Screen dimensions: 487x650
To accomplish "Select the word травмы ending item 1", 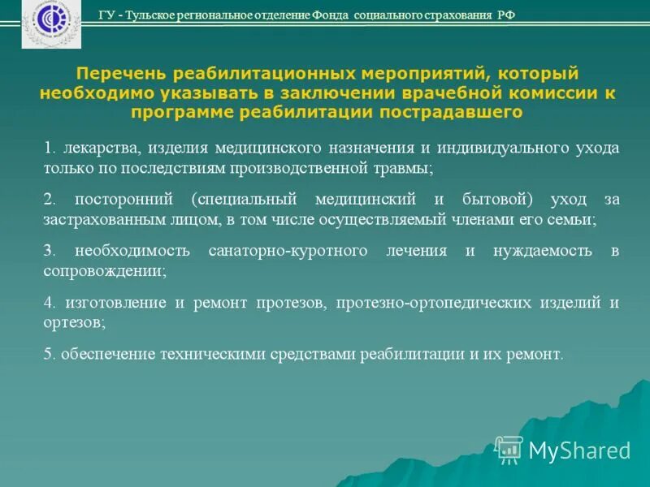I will coord(405,169).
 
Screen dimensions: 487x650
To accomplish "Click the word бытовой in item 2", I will coord(500,200).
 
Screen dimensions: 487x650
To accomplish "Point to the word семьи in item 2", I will coord(574,220).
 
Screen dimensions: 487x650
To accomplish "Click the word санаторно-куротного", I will coord(279,251).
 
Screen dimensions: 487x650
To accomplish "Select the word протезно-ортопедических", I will coord(431,303).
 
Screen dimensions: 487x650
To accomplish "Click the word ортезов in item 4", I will coord(71,322).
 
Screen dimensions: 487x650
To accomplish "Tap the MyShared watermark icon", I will coord(509,449).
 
